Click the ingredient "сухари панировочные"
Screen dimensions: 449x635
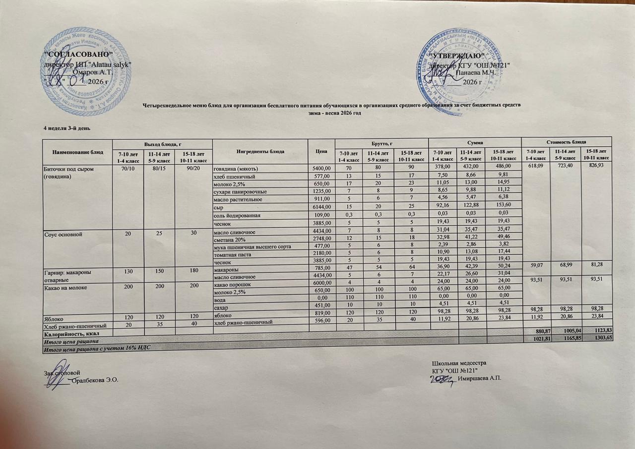(x=240, y=192)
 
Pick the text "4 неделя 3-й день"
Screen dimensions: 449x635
(x=66, y=128)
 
